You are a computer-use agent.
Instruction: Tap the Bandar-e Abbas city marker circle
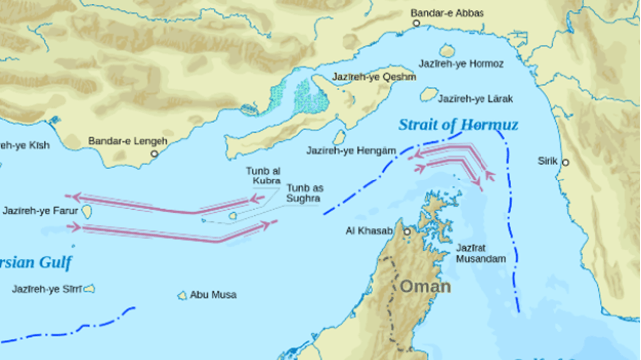click(x=416, y=23)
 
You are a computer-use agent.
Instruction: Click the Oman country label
click(x=426, y=286)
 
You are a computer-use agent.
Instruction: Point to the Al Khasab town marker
click(x=408, y=231)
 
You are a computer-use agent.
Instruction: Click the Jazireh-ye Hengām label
click(x=352, y=150)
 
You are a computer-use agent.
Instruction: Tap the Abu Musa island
click(x=182, y=295)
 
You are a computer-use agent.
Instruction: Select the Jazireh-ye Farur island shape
click(x=87, y=211)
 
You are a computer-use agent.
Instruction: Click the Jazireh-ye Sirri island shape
click(x=89, y=289)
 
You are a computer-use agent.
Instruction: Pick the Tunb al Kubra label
click(x=264, y=177)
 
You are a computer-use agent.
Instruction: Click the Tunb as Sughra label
click(x=304, y=193)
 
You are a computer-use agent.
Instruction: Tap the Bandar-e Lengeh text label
click(x=125, y=142)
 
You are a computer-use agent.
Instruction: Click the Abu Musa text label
click(x=213, y=294)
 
